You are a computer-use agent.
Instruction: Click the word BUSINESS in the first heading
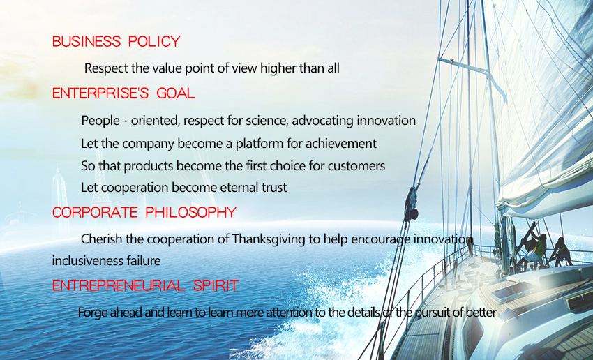click(87, 41)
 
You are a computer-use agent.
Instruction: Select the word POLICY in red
click(154, 41)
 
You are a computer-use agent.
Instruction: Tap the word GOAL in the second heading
click(176, 93)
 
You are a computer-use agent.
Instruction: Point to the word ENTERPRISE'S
click(100, 93)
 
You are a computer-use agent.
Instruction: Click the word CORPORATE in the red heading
click(95, 213)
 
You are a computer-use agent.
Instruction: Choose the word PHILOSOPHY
click(191, 213)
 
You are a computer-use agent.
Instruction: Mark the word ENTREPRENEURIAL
click(119, 285)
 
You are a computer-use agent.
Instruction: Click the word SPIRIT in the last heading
click(216, 285)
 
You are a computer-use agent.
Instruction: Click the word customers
click(356, 166)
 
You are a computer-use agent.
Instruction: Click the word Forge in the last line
click(90, 313)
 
